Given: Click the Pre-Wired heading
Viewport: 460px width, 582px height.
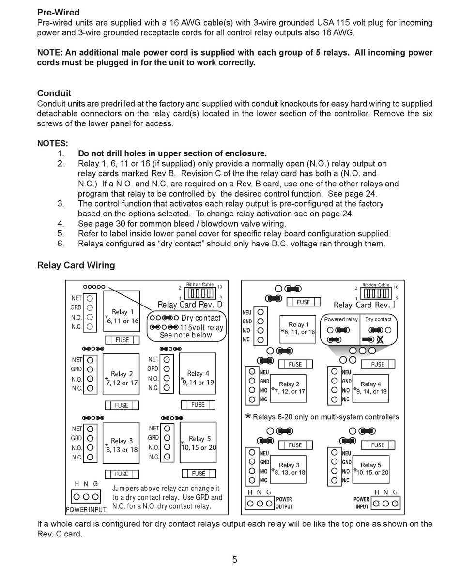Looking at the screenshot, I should click(59, 12).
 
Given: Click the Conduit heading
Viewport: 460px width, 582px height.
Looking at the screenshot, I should click(54, 93).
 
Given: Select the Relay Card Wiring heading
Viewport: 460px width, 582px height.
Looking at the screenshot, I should click(76, 265).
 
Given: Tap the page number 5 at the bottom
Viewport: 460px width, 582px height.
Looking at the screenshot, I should click(235, 560).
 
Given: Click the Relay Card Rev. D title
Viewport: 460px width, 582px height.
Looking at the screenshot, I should click(190, 305).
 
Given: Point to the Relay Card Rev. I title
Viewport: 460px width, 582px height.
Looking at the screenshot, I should click(365, 305).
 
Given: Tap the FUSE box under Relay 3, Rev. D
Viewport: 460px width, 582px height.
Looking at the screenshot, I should click(122, 474).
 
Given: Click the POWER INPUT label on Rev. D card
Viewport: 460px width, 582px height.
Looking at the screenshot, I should click(86, 509).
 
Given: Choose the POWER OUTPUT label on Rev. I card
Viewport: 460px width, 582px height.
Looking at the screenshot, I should click(284, 503).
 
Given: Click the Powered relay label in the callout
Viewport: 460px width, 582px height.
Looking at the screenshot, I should click(341, 320).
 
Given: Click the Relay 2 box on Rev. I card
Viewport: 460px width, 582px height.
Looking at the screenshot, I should click(289, 388).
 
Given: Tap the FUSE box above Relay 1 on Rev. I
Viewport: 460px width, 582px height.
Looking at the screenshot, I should click(304, 302).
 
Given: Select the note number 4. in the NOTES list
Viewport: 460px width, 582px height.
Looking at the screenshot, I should click(61, 224).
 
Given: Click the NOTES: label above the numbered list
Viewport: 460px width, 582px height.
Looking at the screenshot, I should click(52, 143).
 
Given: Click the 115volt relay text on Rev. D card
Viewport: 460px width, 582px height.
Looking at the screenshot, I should click(202, 327).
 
